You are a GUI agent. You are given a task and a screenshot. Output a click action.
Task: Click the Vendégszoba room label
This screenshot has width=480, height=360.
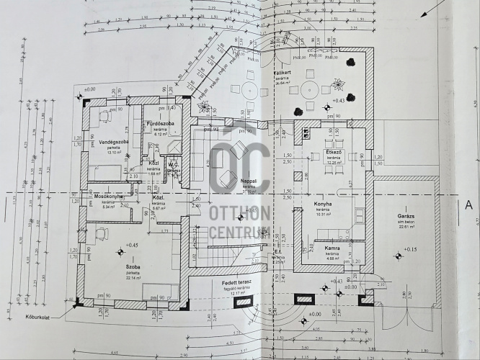pos(113,142)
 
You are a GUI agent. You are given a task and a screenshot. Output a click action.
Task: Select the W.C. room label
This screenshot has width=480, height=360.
pos(173,163)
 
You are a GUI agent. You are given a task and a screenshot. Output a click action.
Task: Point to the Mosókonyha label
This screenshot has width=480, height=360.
pos(106,197)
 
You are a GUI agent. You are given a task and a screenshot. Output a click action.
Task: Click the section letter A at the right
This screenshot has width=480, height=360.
pos(467,204)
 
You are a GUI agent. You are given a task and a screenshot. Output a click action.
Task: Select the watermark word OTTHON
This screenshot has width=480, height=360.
pos(240,213)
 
